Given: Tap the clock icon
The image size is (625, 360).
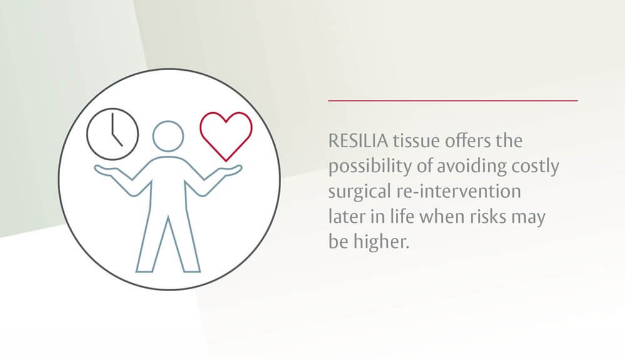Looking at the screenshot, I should (x=113, y=135).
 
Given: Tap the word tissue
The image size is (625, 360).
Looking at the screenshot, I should (x=412, y=141).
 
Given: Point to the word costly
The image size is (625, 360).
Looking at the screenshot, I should (x=535, y=167).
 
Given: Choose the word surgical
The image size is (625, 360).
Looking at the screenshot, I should (x=355, y=192).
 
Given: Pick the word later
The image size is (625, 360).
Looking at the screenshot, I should (x=345, y=217).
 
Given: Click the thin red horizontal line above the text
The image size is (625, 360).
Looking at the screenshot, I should (x=453, y=100).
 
